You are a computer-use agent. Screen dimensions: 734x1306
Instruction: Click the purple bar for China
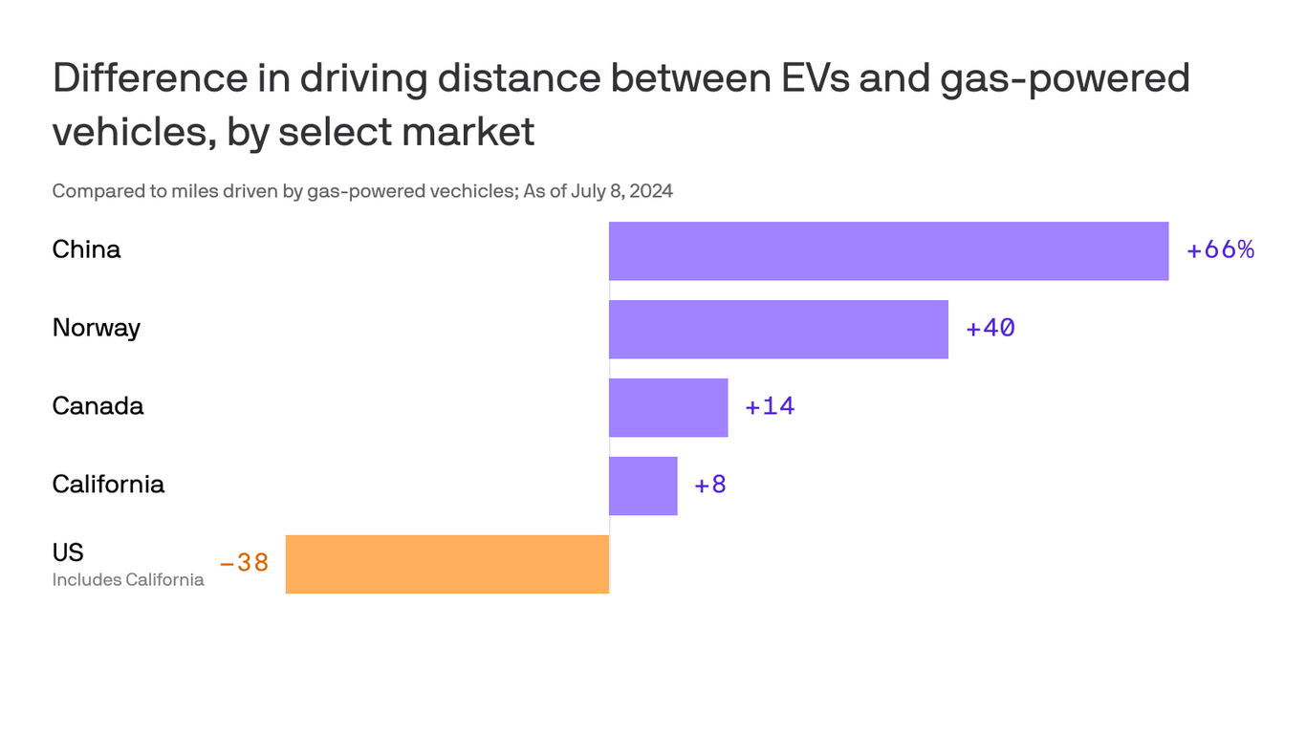888,251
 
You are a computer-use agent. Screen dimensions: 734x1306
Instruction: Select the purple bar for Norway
778,330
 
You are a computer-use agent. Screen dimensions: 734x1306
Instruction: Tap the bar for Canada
668,407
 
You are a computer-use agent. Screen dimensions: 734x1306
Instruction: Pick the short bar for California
643,486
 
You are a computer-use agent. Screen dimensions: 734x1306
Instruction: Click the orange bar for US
447,564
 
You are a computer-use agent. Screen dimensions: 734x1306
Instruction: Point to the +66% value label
1220,250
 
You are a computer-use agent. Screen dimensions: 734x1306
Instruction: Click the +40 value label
990,329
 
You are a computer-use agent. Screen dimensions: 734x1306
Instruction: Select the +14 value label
770,406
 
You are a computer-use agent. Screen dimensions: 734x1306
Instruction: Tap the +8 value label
710,485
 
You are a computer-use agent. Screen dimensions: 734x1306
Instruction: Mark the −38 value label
244,563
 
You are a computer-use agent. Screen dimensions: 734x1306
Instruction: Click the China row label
86,249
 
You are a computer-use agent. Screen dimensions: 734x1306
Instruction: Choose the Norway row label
96,328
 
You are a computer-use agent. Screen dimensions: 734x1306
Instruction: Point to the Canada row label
98,406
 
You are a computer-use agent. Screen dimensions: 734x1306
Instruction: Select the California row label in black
108,485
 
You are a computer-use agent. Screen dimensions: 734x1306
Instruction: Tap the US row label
68,552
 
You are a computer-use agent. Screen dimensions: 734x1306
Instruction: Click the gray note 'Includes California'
127,580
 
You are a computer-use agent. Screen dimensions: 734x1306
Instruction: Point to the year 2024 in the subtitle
650,191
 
